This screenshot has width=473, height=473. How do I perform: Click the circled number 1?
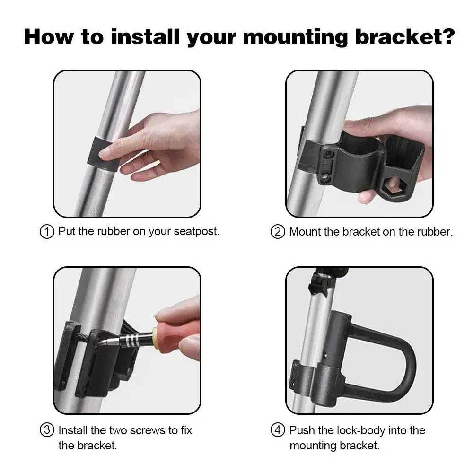coord(47,232)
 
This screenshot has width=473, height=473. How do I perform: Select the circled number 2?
coord(278,232)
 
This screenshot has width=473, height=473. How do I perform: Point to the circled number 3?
coord(47,429)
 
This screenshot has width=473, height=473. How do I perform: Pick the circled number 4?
coord(278,429)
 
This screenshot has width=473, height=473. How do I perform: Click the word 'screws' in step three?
coord(148,430)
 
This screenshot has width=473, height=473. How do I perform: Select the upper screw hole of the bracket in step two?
coord(329,155)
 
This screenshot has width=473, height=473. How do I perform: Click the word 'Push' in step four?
coord(302,430)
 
